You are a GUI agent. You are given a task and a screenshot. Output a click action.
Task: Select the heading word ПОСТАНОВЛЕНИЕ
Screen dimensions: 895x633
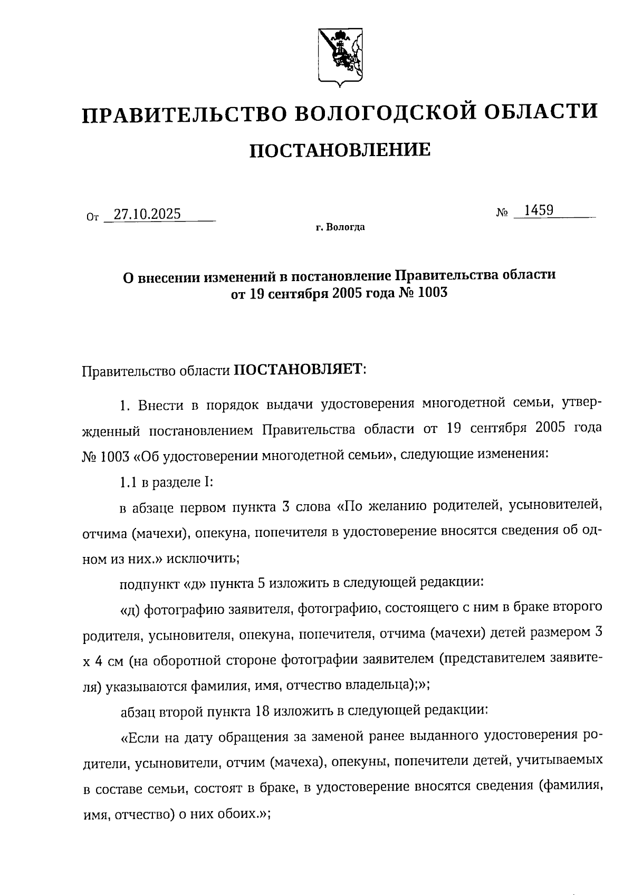tap(339, 150)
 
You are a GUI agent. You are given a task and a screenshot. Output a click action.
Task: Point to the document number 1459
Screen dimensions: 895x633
tap(538, 210)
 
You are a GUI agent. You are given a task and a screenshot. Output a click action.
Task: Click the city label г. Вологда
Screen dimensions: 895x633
tap(340, 228)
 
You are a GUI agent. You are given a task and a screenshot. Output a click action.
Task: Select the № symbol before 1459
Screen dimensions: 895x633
tap(502, 213)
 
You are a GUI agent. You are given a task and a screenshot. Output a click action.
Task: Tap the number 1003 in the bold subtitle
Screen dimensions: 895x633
tap(432, 293)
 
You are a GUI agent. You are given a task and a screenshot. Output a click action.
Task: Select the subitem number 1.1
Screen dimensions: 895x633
tap(129, 482)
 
